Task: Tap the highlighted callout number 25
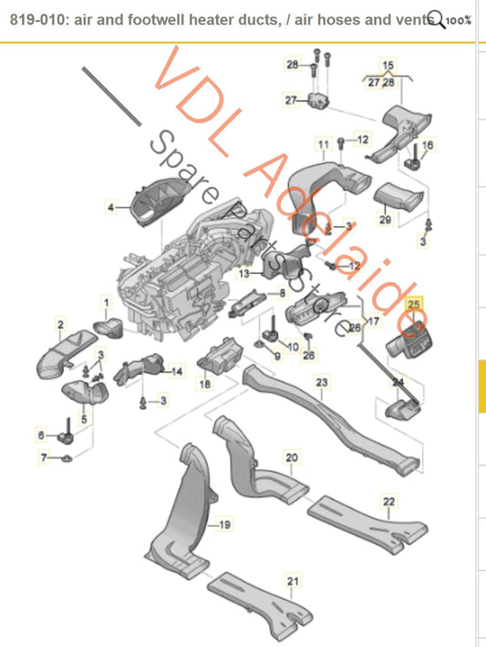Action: [x=414, y=303]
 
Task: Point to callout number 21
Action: [x=292, y=581]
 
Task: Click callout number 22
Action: [x=388, y=502]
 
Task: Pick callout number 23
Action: [x=321, y=383]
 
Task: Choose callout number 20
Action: [x=292, y=456]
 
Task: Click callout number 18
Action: [x=204, y=386]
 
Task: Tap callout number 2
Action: [x=60, y=324]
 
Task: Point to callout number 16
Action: [x=429, y=144]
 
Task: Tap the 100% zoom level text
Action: [x=460, y=18]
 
